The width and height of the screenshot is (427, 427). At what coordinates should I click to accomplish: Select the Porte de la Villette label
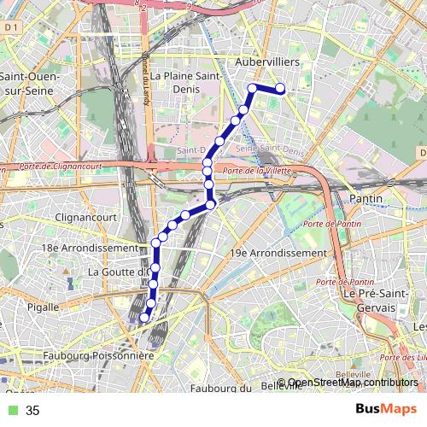click(x=256, y=171)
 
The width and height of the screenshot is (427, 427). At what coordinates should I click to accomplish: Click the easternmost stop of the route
click(x=279, y=88)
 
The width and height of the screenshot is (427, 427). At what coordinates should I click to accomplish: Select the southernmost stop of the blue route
click(x=143, y=318)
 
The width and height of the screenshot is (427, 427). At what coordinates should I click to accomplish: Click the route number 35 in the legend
click(x=32, y=411)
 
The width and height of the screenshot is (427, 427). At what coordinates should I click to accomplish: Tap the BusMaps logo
click(x=386, y=410)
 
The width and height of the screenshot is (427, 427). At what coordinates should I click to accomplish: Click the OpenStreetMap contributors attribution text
click(x=348, y=383)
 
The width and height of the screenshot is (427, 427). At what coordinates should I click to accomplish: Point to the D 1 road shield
click(x=11, y=27)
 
